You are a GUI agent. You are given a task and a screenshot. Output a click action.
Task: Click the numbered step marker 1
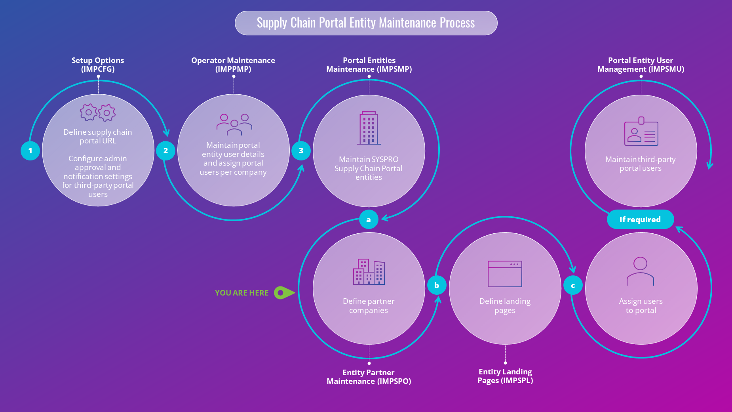click(x=30, y=151)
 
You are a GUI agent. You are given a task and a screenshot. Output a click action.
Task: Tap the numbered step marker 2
click(x=165, y=151)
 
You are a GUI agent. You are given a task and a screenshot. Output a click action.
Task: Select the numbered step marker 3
click(x=301, y=151)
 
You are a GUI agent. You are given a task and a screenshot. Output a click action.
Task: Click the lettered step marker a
click(x=369, y=219)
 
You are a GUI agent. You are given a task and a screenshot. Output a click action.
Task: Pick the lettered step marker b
click(x=437, y=285)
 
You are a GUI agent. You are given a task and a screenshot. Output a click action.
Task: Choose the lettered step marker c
click(x=573, y=286)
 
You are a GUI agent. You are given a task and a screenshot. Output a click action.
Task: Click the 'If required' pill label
click(x=640, y=219)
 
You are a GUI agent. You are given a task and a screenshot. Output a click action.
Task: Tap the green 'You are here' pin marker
click(x=283, y=293)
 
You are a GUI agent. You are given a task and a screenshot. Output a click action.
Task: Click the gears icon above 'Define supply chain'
click(x=98, y=113)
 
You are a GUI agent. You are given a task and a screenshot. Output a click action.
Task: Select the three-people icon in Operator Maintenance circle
click(x=234, y=124)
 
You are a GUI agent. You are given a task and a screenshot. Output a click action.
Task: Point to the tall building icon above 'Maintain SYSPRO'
click(x=369, y=128)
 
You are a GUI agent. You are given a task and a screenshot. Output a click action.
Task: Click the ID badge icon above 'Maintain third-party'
click(x=641, y=132)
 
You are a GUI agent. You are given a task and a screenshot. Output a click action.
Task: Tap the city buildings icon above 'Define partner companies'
click(x=369, y=272)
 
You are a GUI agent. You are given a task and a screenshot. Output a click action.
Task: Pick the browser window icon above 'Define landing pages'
click(x=505, y=274)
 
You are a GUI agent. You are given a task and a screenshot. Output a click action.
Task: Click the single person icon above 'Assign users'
click(x=640, y=271)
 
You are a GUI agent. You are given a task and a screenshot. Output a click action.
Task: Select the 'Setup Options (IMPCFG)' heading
click(x=98, y=65)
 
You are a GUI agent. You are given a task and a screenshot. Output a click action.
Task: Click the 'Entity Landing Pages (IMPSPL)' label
click(x=505, y=376)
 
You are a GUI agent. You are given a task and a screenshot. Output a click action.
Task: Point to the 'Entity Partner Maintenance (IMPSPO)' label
click(x=369, y=377)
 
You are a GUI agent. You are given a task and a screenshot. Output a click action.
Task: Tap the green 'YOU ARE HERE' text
click(x=241, y=293)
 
